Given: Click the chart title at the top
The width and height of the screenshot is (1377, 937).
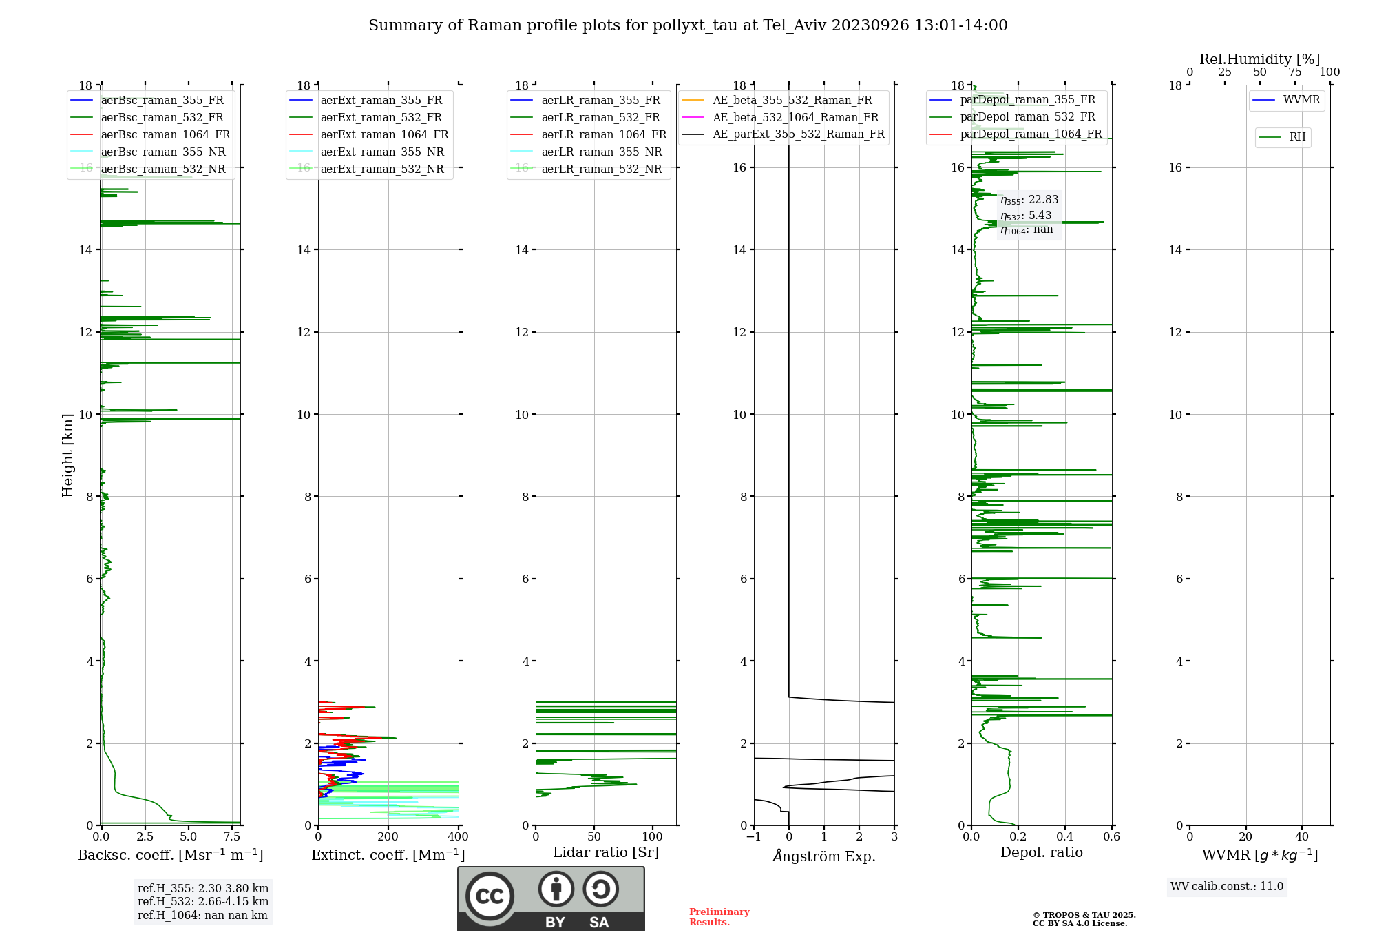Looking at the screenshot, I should (x=688, y=25).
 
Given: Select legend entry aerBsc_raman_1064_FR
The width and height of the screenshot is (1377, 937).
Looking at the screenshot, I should (x=165, y=134).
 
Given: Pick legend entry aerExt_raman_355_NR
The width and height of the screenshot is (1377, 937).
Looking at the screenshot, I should (x=382, y=152).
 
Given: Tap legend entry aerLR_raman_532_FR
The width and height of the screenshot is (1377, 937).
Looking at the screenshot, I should (x=600, y=117).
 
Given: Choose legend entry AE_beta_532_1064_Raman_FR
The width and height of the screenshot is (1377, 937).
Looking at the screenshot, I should (x=795, y=117).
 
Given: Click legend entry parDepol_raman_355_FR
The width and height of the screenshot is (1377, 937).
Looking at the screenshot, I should (x=1027, y=100).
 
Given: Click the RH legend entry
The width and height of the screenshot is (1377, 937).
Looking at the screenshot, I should (x=1297, y=137).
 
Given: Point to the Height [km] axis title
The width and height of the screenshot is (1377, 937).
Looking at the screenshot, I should (x=67, y=455).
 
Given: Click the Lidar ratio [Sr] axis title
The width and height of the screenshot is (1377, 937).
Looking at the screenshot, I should (x=606, y=852).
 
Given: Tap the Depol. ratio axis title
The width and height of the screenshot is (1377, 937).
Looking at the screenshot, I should (x=1041, y=852).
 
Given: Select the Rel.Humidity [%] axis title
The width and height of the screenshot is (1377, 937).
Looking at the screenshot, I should (x=1259, y=59).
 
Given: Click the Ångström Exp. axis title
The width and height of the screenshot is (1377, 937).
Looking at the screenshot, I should (x=824, y=856).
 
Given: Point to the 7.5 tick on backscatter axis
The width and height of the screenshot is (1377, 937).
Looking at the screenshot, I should (x=232, y=836).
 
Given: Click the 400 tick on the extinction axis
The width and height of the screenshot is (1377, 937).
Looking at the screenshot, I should (x=458, y=836).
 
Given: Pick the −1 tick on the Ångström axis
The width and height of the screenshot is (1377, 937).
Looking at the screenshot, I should (x=754, y=836).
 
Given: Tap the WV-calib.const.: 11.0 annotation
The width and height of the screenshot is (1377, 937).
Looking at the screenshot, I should (x=1227, y=886).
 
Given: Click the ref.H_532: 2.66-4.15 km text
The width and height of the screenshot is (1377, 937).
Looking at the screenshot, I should (x=203, y=901).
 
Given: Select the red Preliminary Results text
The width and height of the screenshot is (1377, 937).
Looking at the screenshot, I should (x=719, y=916).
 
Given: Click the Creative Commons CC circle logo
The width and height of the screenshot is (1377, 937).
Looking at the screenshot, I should (x=490, y=896).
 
